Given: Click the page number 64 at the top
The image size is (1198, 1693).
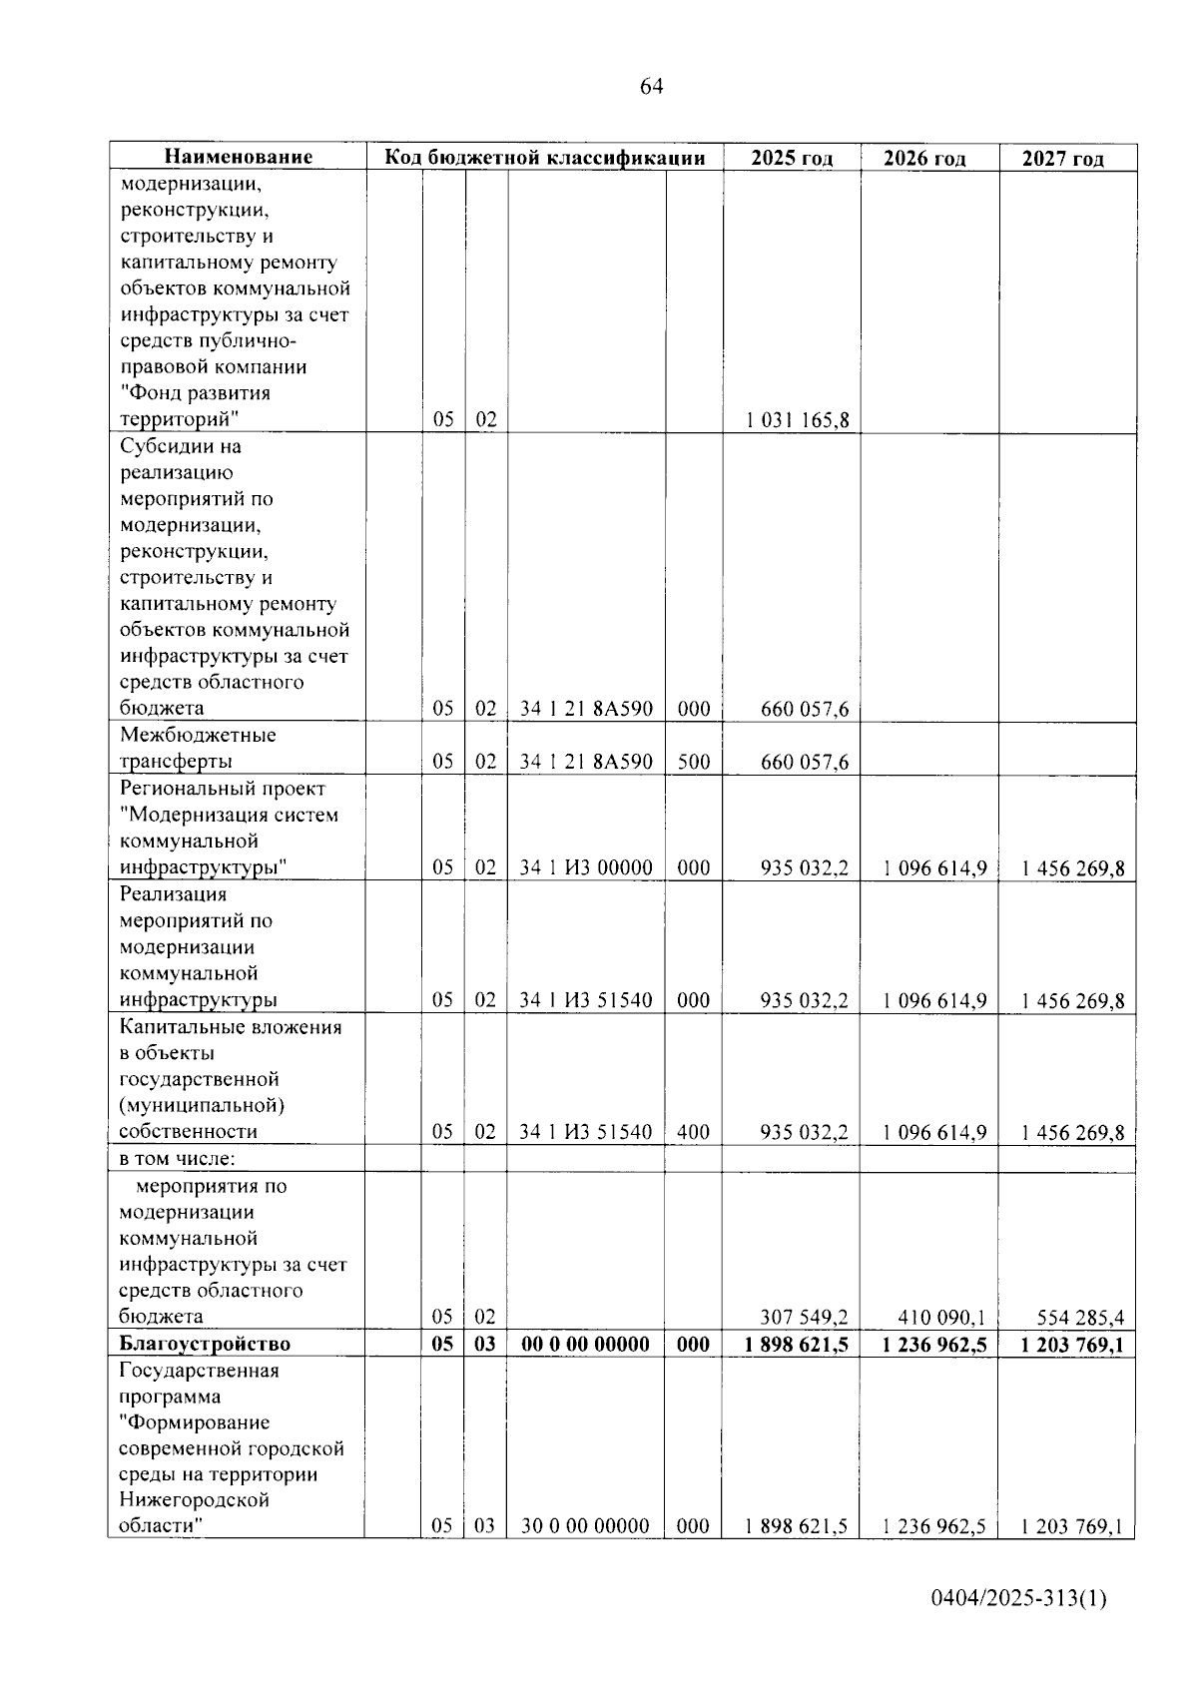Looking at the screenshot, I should (x=650, y=87).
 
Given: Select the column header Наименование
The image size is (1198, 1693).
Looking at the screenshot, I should (x=238, y=157).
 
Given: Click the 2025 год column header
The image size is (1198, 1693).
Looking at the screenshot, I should (x=792, y=158).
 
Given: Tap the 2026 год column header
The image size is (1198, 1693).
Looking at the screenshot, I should (x=924, y=159).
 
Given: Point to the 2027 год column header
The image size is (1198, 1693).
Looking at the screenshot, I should (x=1063, y=159).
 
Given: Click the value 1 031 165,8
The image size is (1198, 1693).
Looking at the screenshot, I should (x=798, y=420).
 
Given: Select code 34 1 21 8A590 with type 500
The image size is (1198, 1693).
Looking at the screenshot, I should (x=586, y=762).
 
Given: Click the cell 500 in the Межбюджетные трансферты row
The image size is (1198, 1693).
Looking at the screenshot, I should (x=694, y=762).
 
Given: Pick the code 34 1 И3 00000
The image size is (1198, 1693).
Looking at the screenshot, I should (x=586, y=867).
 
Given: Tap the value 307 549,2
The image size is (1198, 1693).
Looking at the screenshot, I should (x=804, y=1317).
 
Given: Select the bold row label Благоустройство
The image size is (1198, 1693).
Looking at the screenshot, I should (x=205, y=1344).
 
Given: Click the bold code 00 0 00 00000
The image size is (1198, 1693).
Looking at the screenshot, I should (x=586, y=1344).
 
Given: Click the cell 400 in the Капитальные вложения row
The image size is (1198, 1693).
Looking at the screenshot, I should (x=694, y=1132).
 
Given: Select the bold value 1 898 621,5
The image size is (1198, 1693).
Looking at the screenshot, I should (x=797, y=1344).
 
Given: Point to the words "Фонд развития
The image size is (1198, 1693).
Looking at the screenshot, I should (x=195, y=393).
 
